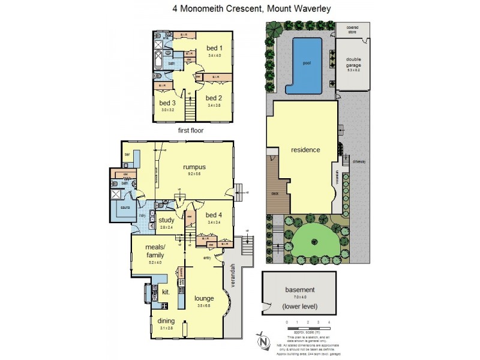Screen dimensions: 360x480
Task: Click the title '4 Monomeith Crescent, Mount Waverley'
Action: (240, 9)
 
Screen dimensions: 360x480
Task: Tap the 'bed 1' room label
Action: (214, 48)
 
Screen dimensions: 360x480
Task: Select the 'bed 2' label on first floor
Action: (214, 97)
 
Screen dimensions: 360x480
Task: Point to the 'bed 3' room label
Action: (167, 103)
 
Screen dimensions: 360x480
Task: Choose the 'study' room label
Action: (166, 220)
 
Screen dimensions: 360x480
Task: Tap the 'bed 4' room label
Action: (214, 215)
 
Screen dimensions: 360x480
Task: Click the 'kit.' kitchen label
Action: (166, 292)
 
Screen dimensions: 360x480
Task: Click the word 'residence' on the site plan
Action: (305, 150)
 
